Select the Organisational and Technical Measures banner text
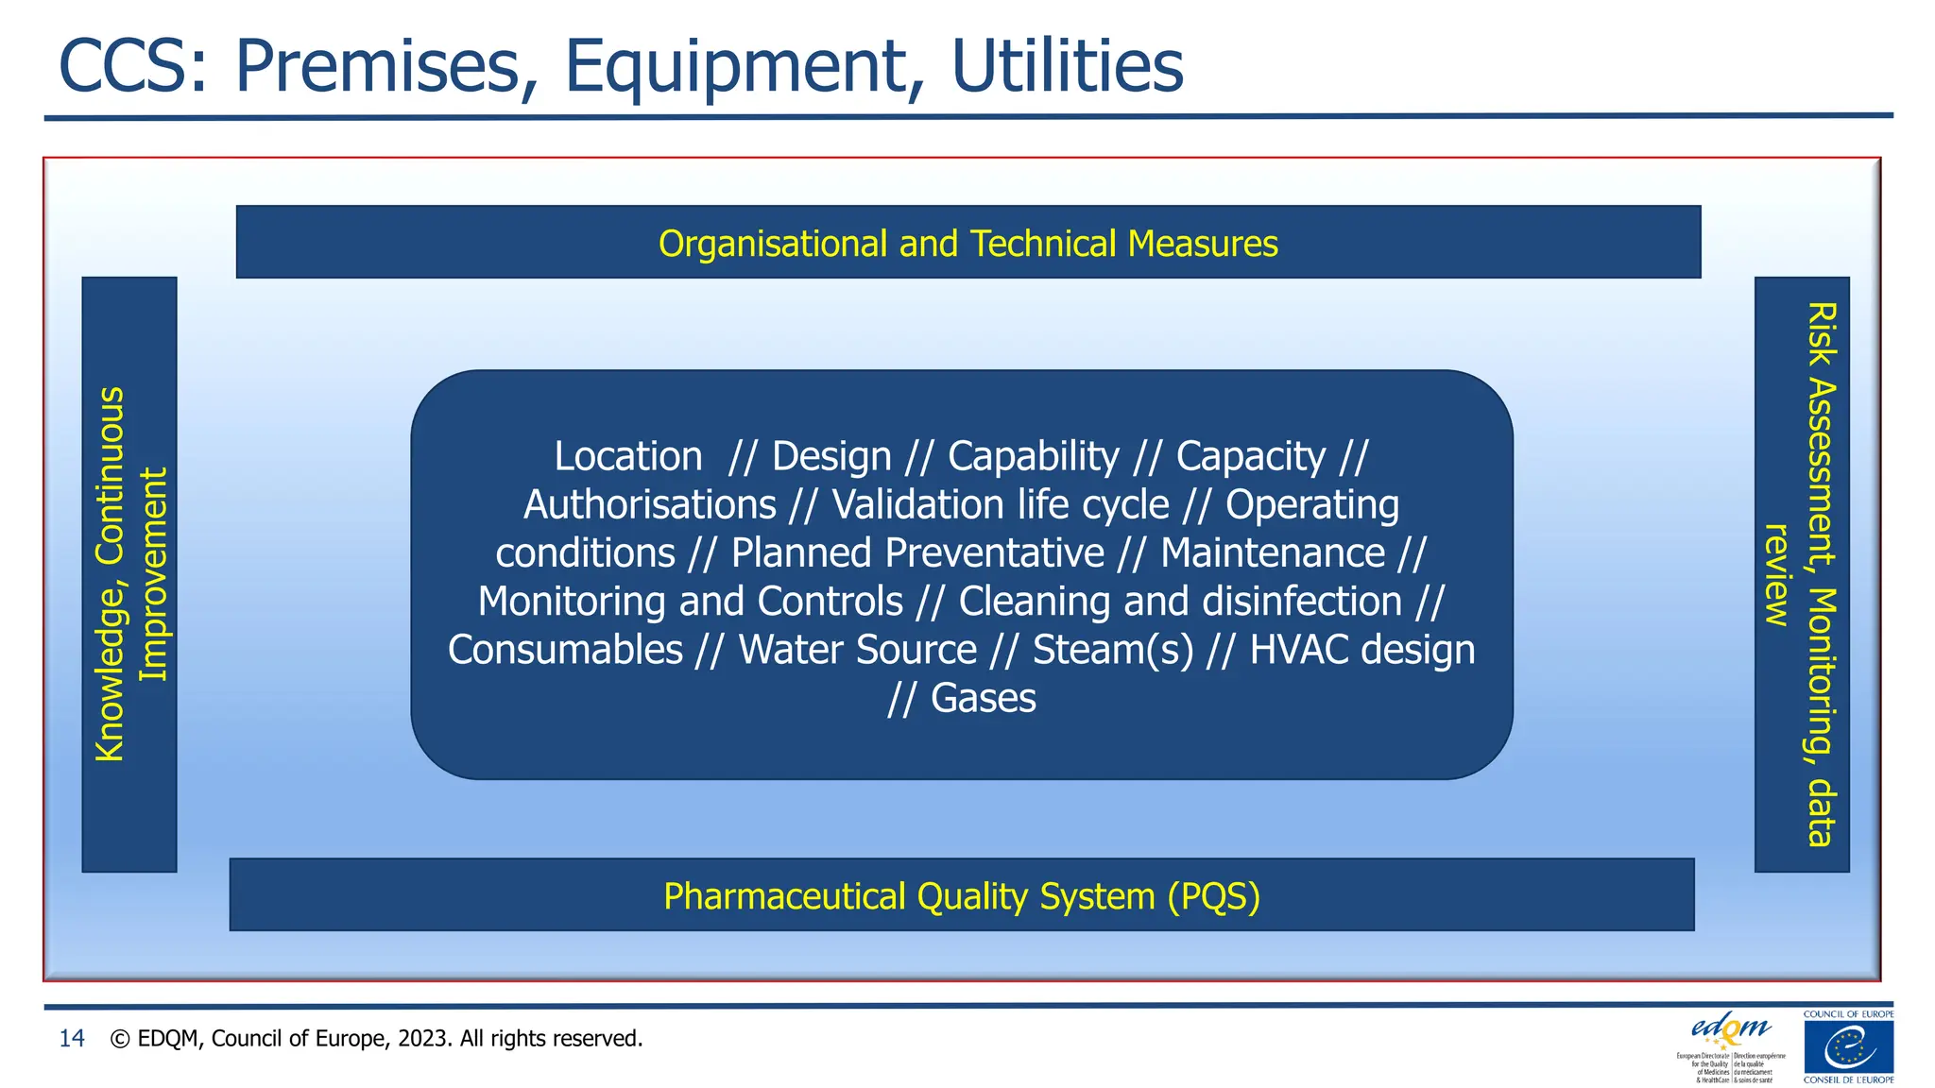click(967, 244)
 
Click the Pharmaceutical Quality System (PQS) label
click(962, 896)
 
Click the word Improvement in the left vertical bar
click(152, 574)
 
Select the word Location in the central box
click(627, 456)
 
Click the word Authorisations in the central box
click(649, 504)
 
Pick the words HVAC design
click(1361, 650)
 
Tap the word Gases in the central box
click(983, 698)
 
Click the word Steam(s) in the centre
click(1112, 650)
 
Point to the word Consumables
click(565, 650)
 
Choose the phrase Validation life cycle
click(1000, 504)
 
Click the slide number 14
click(72, 1039)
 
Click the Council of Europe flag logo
click(1848, 1046)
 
